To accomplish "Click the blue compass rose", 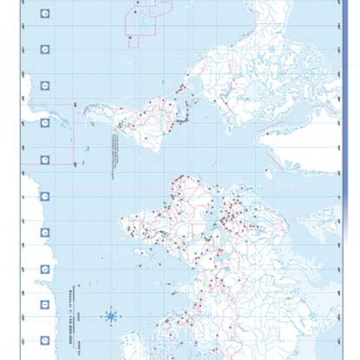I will [x=110, y=316].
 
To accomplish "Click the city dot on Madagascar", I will [x=142, y=253].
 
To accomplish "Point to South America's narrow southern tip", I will [x=87, y=108].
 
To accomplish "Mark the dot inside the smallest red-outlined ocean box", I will [x=130, y=38].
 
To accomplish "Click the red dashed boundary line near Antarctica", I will [x=73, y=133].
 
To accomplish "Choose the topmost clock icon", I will [x=45, y=14].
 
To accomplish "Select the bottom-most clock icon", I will [x=45, y=340].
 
